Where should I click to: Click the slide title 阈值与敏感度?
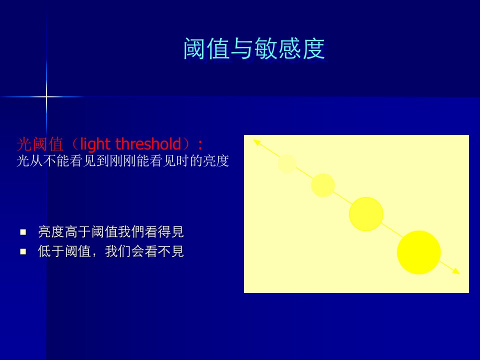[254, 48]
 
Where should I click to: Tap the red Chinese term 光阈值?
[40, 144]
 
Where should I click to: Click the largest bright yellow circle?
[419, 252]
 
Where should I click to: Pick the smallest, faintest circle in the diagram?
[287, 163]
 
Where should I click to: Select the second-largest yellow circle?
[366, 213]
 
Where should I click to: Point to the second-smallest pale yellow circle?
[323, 185]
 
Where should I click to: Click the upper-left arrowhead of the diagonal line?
[256, 142]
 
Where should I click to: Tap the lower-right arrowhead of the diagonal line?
[456, 271]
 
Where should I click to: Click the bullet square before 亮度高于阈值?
[23, 232]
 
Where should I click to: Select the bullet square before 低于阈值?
[23, 251]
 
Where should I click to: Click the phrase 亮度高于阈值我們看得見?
[111, 231]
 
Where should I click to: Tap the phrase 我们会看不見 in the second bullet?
[144, 251]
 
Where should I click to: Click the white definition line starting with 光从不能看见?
[123, 160]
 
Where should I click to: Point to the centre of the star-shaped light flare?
[46, 96]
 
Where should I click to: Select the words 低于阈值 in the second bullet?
[64, 251]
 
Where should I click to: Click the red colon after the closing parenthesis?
[200, 144]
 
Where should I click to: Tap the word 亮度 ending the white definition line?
[216, 160]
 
